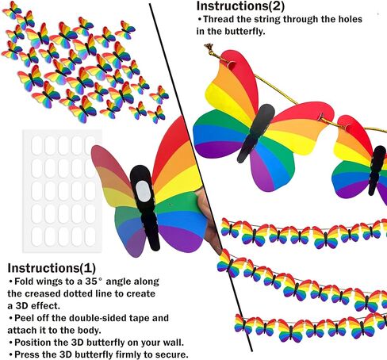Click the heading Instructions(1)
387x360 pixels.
[x=52, y=268]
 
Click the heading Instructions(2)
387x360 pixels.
[x=240, y=6]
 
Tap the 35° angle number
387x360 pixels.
[x=94, y=281]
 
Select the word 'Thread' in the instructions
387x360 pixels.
[x=219, y=19]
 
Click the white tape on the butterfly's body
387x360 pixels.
[x=143, y=190]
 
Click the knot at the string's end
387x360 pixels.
[x=209, y=48]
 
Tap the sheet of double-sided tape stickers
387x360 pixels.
[x=63, y=191]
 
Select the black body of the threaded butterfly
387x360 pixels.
[x=256, y=133]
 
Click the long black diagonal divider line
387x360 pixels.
[x=201, y=178]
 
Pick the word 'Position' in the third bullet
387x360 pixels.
[x=33, y=343]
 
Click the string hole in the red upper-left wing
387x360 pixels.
[x=232, y=65]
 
